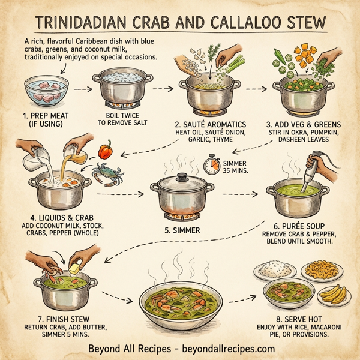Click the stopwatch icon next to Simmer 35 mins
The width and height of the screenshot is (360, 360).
pos(211,166)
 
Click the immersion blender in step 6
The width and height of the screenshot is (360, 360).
pos(313,171)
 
